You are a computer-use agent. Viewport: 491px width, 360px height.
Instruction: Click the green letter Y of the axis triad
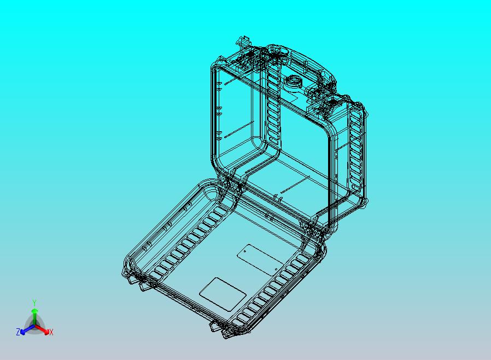click(34, 303)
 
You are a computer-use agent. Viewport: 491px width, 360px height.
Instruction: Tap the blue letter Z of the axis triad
click(18, 332)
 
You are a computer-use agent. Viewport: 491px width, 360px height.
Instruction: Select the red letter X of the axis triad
click(51, 332)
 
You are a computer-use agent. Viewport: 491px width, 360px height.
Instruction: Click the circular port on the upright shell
click(293, 83)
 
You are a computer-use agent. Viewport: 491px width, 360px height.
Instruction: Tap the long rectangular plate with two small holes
click(260, 259)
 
